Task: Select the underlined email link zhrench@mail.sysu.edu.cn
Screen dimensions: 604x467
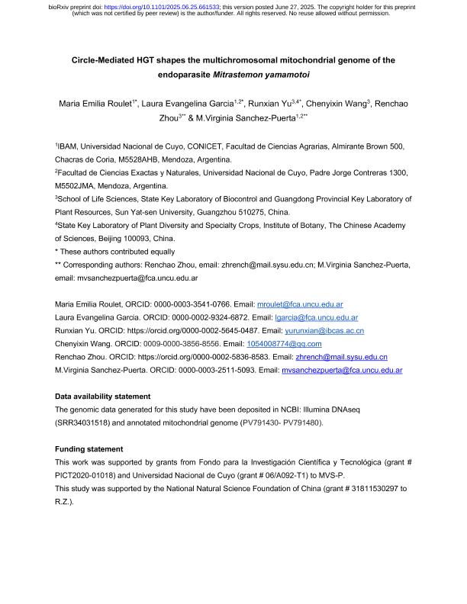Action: click(341, 357)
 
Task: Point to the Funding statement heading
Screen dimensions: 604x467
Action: click(89, 449)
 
